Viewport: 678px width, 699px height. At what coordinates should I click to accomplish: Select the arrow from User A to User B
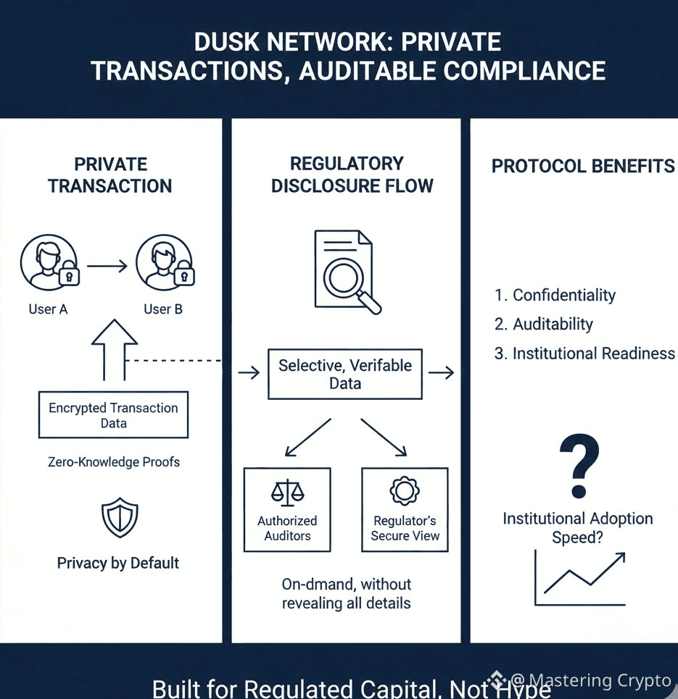click(107, 267)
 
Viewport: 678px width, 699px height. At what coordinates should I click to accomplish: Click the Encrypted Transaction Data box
click(113, 415)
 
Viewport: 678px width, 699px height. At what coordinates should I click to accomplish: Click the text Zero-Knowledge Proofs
click(113, 462)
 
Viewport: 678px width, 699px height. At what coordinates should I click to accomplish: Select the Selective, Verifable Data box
click(345, 374)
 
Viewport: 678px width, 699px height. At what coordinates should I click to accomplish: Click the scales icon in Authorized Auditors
click(287, 493)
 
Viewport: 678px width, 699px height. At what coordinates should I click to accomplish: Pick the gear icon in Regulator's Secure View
click(405, 491)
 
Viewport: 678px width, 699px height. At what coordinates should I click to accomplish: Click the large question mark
click(579, 466)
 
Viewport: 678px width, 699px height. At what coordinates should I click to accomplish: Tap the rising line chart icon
click(579, 578)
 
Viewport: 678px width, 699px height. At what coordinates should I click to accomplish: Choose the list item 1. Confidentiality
click(555, 295)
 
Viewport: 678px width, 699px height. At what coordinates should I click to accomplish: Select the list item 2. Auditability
click(543, 324)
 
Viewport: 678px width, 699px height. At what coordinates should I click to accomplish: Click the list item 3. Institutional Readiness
click(584, 353)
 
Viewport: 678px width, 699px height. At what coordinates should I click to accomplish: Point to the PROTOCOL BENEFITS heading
click(583, 166)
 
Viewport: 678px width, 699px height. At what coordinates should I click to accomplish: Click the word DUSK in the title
click(221, 42)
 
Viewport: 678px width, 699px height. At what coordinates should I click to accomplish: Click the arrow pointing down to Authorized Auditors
click(307, 437)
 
